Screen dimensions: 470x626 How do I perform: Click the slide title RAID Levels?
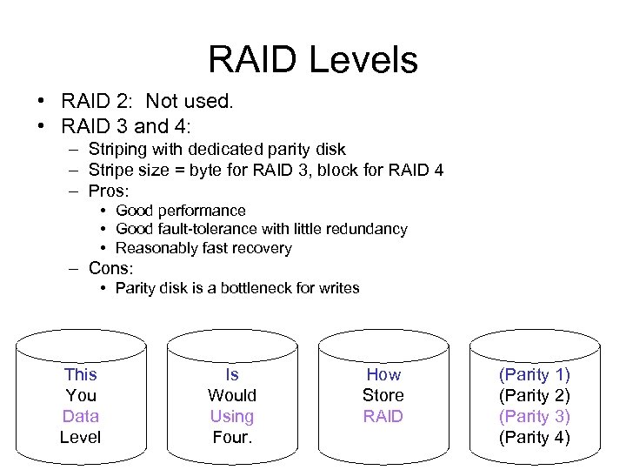[313, 59]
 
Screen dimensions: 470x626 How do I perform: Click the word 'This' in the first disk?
[80, 374]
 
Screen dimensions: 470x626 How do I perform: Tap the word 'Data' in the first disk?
[80, 416]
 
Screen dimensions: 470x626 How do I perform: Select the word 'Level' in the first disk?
[80, 437]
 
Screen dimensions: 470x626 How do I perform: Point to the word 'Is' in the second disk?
[231, 374]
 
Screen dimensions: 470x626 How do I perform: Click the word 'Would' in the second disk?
[231, 395]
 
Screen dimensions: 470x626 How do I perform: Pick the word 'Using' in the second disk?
[231, 416]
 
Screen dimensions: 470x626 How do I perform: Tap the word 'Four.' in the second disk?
[231, 437]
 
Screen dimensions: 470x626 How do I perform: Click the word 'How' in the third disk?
[383, 374]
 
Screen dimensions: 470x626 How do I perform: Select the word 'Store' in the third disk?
[383, 395]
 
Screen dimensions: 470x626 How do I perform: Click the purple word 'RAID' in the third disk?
[383, 416]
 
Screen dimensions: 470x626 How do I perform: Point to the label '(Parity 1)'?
[534, 374]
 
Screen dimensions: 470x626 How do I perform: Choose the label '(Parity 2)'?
[534, 395]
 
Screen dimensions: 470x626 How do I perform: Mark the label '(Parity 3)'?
[534, 416]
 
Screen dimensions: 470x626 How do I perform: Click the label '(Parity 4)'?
[534, 437]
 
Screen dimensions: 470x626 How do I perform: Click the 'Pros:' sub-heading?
[109, 190]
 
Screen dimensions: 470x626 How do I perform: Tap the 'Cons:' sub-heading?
[110, 268]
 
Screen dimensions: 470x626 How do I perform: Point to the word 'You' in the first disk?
[80, 395]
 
